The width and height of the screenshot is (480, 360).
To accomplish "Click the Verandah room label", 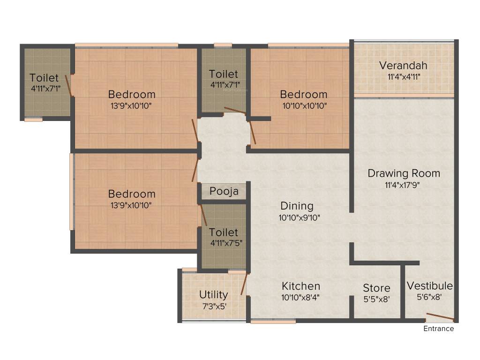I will (403, 65).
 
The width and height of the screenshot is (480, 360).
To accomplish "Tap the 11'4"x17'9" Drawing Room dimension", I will (404, 184).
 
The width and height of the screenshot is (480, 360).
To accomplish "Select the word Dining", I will (297, 206).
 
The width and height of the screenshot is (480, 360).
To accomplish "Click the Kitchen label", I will (301, 286).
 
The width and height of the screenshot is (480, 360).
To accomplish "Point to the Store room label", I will (376, 288).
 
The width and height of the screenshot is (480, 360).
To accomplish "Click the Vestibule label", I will (429, 286).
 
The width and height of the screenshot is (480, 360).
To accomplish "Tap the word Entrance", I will (439, 329).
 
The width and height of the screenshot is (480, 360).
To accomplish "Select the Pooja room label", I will (224, 191).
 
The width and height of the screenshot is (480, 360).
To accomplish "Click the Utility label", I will (213, 295).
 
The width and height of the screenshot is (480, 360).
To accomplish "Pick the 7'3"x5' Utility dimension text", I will (213, 305).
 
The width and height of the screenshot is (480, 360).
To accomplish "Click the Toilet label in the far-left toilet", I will (44, 78).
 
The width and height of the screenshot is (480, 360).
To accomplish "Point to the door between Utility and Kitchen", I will (244, 285).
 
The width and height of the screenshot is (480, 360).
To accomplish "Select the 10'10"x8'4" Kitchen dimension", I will (301, 297).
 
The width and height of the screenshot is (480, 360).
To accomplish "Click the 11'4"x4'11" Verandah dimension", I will (403, 76).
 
